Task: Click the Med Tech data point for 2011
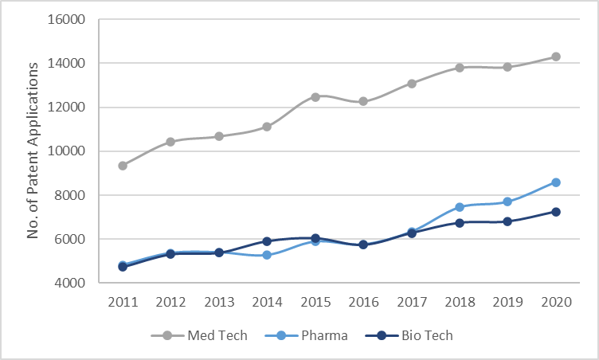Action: (x=123, y=166)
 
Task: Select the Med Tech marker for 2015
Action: (x=315, y=97)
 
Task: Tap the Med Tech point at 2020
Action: (x=556, y=57)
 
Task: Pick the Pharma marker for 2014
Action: (x=267, y=255)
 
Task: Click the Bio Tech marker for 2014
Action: (x=267, y=241)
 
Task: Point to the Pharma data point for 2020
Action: (x=556, y=182)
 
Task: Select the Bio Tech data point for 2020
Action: (x=556, y=212)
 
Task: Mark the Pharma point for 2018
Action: (x=460, y=207)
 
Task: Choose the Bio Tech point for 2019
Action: (x=507, y=221)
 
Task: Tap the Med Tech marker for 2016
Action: (x=363, y=101)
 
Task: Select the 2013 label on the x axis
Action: (x=219, y=303)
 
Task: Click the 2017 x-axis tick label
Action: (x=411, y=303)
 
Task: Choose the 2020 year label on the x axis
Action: (x=556, y=303)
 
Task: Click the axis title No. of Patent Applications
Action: (x=33, y=151)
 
